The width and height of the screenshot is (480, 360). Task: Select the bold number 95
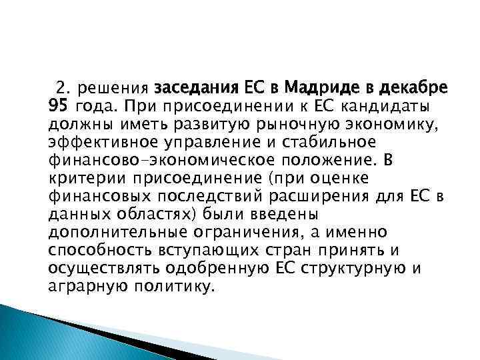[x=58, y=105]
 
